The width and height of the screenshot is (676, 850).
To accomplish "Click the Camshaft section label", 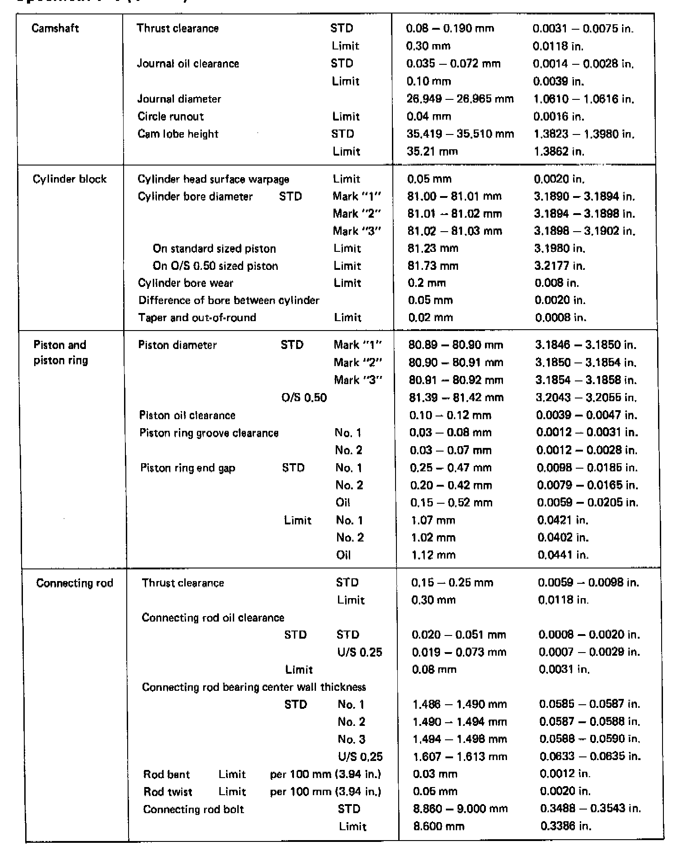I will (55, 28).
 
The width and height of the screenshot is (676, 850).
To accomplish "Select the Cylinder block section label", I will (70, 179).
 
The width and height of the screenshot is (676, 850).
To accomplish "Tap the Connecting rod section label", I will (75, 583).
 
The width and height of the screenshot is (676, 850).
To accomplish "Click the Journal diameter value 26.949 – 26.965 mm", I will (460, 98).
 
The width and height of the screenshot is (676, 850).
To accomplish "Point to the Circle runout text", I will (170, 116).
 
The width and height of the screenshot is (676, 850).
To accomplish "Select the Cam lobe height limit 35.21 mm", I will (432, 152).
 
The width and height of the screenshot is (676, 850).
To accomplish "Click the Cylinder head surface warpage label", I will (213, 179).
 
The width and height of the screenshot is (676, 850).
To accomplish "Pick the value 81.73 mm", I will (433, 266).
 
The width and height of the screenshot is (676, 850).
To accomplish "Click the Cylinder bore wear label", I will (186, 283).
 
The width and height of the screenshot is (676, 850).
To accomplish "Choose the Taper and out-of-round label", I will (197, 318).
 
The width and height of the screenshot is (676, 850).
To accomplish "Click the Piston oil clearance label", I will (187, 415).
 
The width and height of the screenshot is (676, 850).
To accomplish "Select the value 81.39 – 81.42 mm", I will (456, 398).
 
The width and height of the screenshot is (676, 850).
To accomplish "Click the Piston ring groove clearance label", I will (209, 433).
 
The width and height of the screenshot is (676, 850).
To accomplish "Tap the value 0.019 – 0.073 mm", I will (459, 652).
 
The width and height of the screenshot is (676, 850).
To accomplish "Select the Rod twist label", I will (168, 792).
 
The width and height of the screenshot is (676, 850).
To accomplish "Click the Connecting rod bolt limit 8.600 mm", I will (438, 826).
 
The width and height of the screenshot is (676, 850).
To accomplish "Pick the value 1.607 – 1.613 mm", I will (460, 756).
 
